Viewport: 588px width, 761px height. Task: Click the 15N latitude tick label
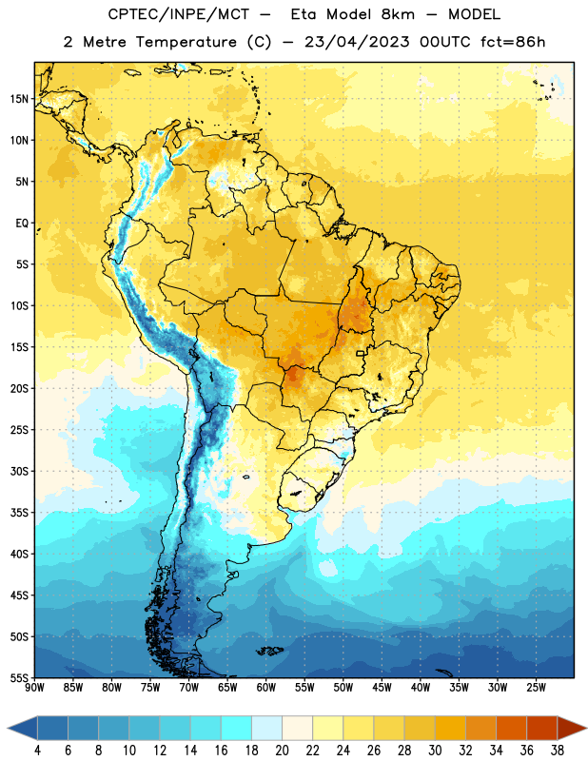[x=19, y=99]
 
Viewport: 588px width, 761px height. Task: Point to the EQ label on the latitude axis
[x=22, y=224]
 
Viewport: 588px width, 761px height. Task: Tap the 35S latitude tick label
[x=19, y=513]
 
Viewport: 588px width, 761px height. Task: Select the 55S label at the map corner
[x=19, y=677]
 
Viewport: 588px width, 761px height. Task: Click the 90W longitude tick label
[x=34, y=688]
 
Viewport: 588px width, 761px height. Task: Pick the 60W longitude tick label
[x=266, y=688]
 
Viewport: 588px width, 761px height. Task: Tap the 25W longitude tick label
[x=536, y=688]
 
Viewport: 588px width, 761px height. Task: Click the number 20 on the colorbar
[x=282, y=751]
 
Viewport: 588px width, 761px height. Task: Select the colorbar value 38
[x=557, y=751]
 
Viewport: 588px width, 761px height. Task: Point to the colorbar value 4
[x=37, y=751]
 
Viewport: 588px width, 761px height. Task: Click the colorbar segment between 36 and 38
[x=542, y=728]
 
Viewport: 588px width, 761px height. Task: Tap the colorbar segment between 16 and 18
[x=237, y=728]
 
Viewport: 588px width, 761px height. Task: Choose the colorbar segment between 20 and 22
[x=298, y=728]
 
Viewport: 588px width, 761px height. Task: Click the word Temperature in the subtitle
[x=186, y=42]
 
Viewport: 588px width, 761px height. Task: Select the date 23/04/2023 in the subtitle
[x=357, y=42]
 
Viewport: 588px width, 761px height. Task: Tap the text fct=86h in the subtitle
[x=513, y=42]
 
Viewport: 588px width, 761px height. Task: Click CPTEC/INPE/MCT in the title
[x=179, y=14]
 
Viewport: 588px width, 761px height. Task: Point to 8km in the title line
[x=398, y=14]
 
